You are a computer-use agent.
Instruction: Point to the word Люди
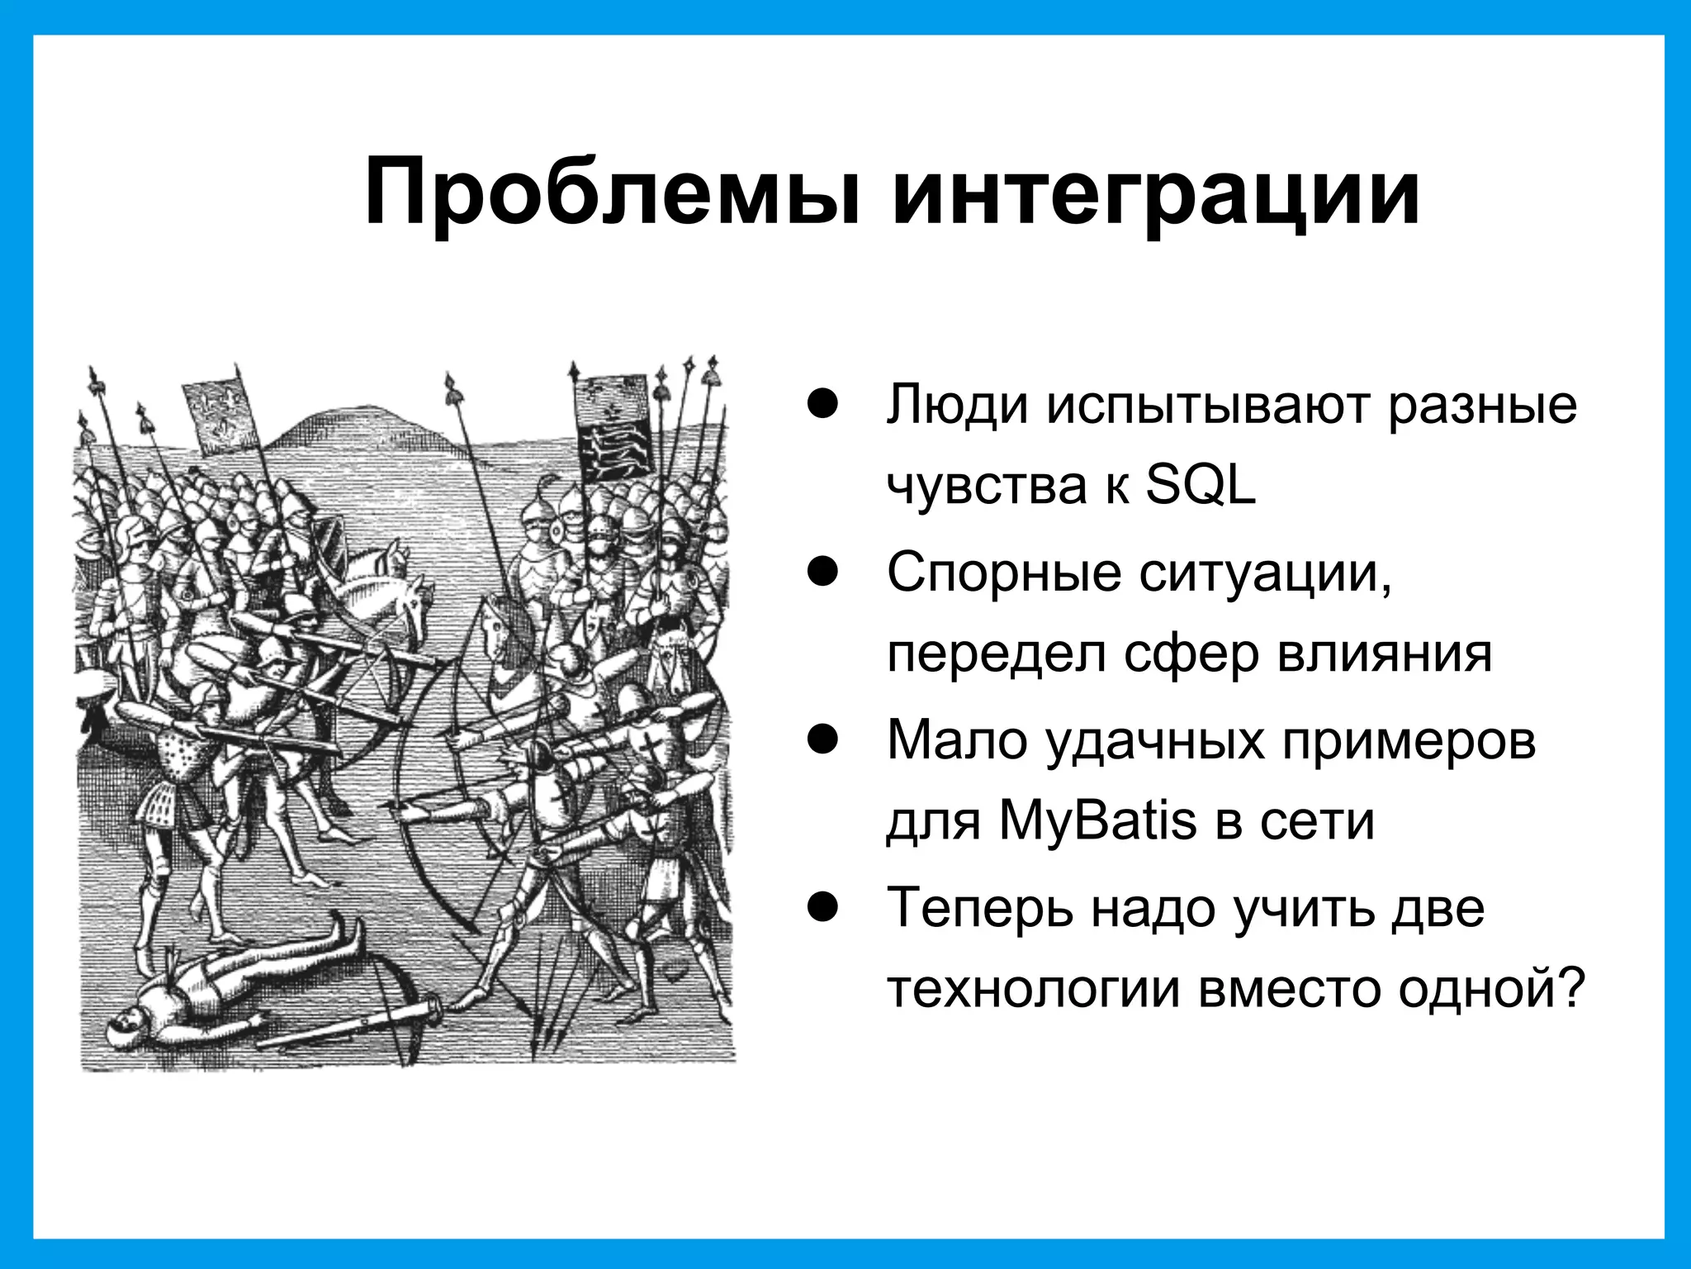[x=958, y=405]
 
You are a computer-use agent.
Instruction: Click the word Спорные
[x=1004, y=572]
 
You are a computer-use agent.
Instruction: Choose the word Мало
[x=958, y=739]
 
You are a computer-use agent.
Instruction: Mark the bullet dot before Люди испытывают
[x=823, y=405]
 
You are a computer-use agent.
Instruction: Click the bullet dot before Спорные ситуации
[x=823, y=572]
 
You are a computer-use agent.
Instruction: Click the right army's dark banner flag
[x=616, y=438]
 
